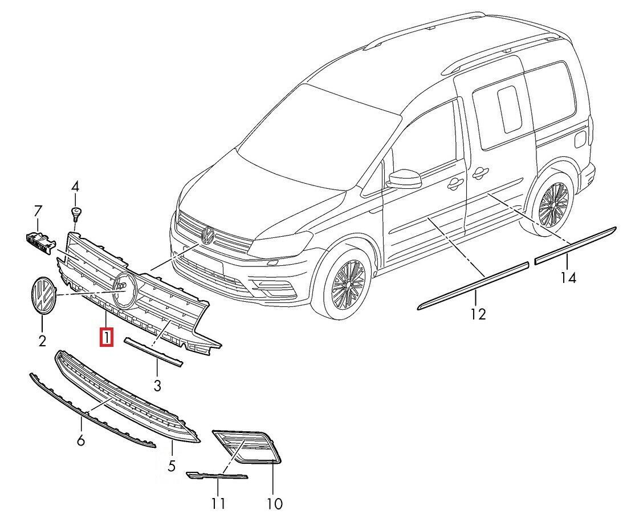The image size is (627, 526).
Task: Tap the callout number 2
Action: pos(42,341)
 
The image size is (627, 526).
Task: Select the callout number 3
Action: pos(157,386)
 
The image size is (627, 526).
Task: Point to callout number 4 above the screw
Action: pos(75,186)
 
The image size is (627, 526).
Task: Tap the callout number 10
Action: pos(274,503)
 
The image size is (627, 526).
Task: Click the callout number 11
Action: pos(218,503)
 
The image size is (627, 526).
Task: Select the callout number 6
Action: pos(80,440)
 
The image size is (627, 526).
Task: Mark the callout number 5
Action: pos(172,466)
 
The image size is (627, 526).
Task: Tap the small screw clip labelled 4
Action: pos(75,213)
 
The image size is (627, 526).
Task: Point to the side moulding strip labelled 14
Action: pos(575,245)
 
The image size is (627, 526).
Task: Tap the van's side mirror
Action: pos(404,178)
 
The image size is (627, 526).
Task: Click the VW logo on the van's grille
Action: pos(207,234)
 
